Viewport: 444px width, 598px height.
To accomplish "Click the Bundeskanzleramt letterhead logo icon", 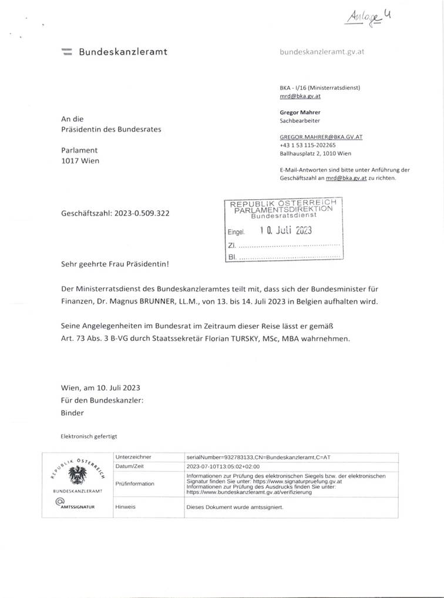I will pos(66,52).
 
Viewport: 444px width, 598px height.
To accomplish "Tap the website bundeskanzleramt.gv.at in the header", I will pos(322,52).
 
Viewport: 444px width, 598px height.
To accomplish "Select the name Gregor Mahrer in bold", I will pos(300,112).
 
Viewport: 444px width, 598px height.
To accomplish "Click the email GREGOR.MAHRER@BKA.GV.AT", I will pos(321,136).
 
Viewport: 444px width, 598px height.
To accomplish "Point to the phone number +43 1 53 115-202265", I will pos(308,145).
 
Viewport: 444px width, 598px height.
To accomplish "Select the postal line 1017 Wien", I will pos(80,161).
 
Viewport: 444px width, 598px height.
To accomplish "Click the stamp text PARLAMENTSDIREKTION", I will pos(283,210).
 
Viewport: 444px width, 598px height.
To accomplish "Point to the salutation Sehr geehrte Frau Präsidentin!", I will pos(115,264).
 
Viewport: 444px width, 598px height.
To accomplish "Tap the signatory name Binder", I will pos(72,412).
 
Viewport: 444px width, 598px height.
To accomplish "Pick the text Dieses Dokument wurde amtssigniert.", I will pos(234,506).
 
